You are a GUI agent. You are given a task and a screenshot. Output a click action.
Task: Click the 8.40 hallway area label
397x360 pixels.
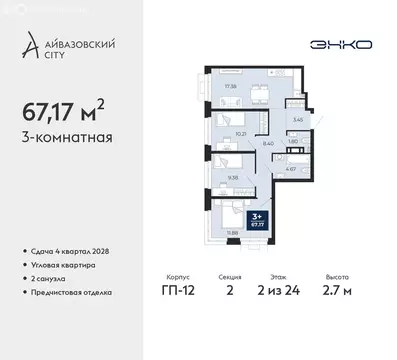[x=268, y=143]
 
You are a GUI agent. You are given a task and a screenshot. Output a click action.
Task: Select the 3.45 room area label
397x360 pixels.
[x=297, y=119]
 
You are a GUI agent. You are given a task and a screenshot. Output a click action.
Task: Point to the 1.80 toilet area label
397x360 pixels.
[x=291, y=141]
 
